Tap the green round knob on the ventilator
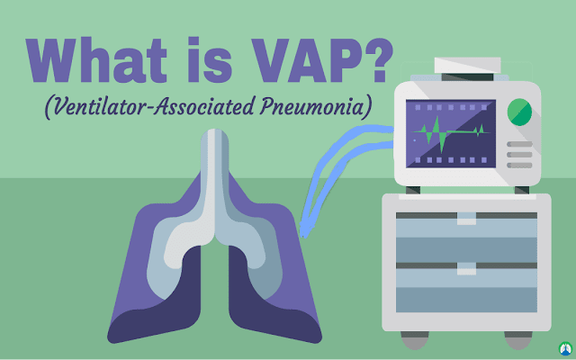coord(520,112)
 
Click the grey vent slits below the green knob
coord(520,154)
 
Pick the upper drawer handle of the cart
coord(465,218)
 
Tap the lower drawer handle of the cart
coord(465,267)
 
